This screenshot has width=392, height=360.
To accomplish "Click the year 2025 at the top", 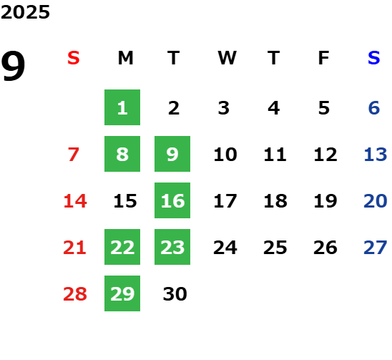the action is [x=25, y=12].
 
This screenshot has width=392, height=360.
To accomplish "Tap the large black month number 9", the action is [x=13, y=66].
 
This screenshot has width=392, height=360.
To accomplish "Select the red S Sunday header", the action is [x=74, y=58].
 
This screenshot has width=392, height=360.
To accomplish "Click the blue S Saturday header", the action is [x=374, y=58].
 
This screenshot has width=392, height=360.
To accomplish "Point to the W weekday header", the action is [x=227, y=58].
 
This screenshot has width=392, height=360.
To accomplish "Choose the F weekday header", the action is [x=324, y=58].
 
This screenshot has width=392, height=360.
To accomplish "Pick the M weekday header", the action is [x=125, y=58].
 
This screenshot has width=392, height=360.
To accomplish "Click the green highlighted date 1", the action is [x=122, y=107].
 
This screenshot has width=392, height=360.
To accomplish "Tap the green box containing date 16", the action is [x=172, y=200].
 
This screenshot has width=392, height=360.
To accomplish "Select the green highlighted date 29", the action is [x=122, y=293].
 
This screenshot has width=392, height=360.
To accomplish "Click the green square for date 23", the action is [x=172, y=247].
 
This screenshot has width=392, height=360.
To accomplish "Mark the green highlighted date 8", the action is [x=122, y=154].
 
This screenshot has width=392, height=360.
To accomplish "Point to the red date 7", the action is [x=74, y=155].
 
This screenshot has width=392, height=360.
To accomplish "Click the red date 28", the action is [x=75, y=294].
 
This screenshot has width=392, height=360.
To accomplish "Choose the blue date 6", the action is [x=374, y=108].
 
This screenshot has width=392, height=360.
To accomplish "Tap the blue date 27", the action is [x=376, y=248].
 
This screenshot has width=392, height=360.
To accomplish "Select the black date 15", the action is [x=125, y=201].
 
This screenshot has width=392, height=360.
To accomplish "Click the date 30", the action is [x=175, y=294].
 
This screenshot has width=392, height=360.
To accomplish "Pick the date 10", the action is [x=225, y=155].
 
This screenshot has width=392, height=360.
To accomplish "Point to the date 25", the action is [x=275, y=248].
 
